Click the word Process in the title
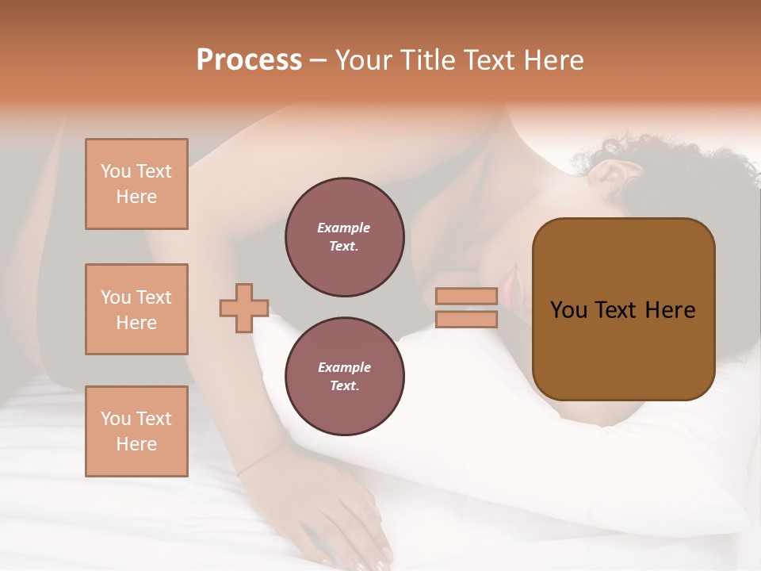click(x=249, y=60)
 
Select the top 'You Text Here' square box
click(x=136, y=184)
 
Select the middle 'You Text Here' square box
click(x=136, y=309)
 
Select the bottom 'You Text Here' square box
click(x=136, y=431)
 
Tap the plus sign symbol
click(x=244, y=308)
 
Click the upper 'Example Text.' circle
click(x=344, y=237)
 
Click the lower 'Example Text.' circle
click(x=344, y=377)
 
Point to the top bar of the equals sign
click(x=466, y=296)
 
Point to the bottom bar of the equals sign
click(x=466, y=319)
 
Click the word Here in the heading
click(x=554, y=60)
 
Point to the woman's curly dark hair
click(x=674, y=174)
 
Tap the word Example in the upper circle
click(x=344, y=228)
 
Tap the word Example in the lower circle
click(x=344, y=367)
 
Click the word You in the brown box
click(x=568, y=310)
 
